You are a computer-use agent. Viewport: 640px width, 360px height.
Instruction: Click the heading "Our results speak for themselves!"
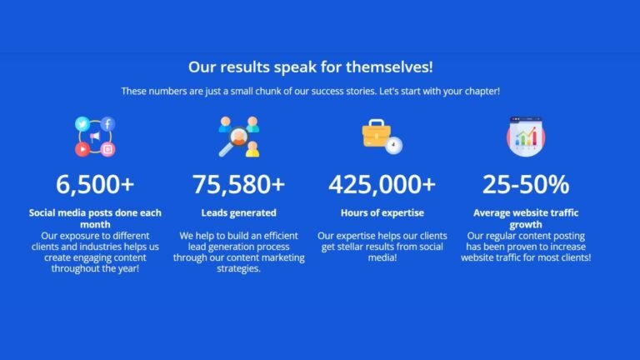click(310, 67)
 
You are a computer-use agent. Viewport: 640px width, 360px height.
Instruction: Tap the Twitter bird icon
click(82, 123)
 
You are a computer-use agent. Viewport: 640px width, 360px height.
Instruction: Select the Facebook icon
click(107, 123)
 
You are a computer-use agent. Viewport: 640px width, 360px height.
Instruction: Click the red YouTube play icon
click(82, 149)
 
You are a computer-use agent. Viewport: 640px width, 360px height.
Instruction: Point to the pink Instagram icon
click(107, 149)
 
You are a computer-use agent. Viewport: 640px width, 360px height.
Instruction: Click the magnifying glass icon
click(234, 141)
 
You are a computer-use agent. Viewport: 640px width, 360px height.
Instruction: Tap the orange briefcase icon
click(377, 133)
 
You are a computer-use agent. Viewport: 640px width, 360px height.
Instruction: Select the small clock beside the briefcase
click(394, 145)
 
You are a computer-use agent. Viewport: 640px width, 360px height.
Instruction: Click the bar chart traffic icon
click(526, 137)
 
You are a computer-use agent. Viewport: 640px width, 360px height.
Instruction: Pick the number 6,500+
click(95, 184)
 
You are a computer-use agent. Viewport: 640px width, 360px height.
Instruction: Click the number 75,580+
click(239, 184)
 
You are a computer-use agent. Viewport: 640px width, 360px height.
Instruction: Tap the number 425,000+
click(382, 184)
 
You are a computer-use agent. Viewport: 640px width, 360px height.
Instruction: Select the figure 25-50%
click(526, 184)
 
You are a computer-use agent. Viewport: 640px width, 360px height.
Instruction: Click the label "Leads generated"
click(239, 212)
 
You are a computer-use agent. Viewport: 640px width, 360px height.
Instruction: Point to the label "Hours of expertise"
click(382, 212)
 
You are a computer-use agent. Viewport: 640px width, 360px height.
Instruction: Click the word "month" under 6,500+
click(95, 224)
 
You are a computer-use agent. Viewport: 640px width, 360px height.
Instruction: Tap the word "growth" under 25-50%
click(526, 224)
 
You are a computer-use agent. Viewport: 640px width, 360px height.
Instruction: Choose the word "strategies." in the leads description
click(239, 268)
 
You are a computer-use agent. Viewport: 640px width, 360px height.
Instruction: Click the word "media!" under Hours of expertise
click(382, 257)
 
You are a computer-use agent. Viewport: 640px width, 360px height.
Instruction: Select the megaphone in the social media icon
click(95, 137)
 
